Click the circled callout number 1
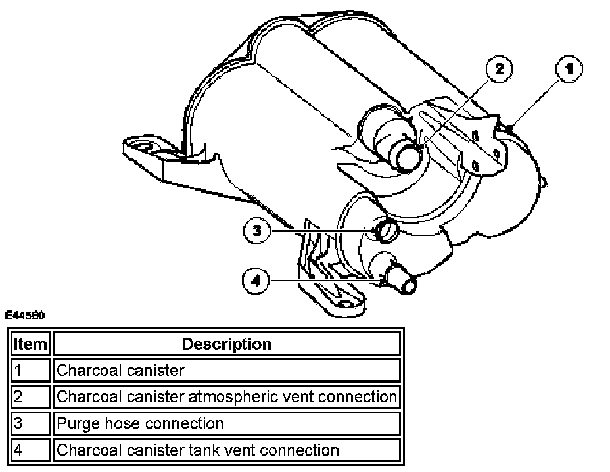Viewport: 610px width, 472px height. point(569,69)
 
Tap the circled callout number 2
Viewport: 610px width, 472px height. point(500,69)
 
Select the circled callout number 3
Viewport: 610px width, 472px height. point(257,231)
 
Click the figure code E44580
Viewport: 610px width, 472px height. point(25,316)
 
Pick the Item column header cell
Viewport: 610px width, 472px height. point(30,344)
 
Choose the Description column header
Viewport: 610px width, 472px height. point(226,344)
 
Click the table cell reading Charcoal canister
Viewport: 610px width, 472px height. point(226,370)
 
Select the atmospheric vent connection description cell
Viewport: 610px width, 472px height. point(226,397)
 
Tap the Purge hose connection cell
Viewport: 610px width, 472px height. point(226,423)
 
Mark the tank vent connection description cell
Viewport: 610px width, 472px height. point(226,450)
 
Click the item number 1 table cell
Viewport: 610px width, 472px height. point(30,370)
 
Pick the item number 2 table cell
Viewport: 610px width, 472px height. point(30,397)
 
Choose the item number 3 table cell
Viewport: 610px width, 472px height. point(30,423)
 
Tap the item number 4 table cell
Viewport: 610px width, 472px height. point(30,450)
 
